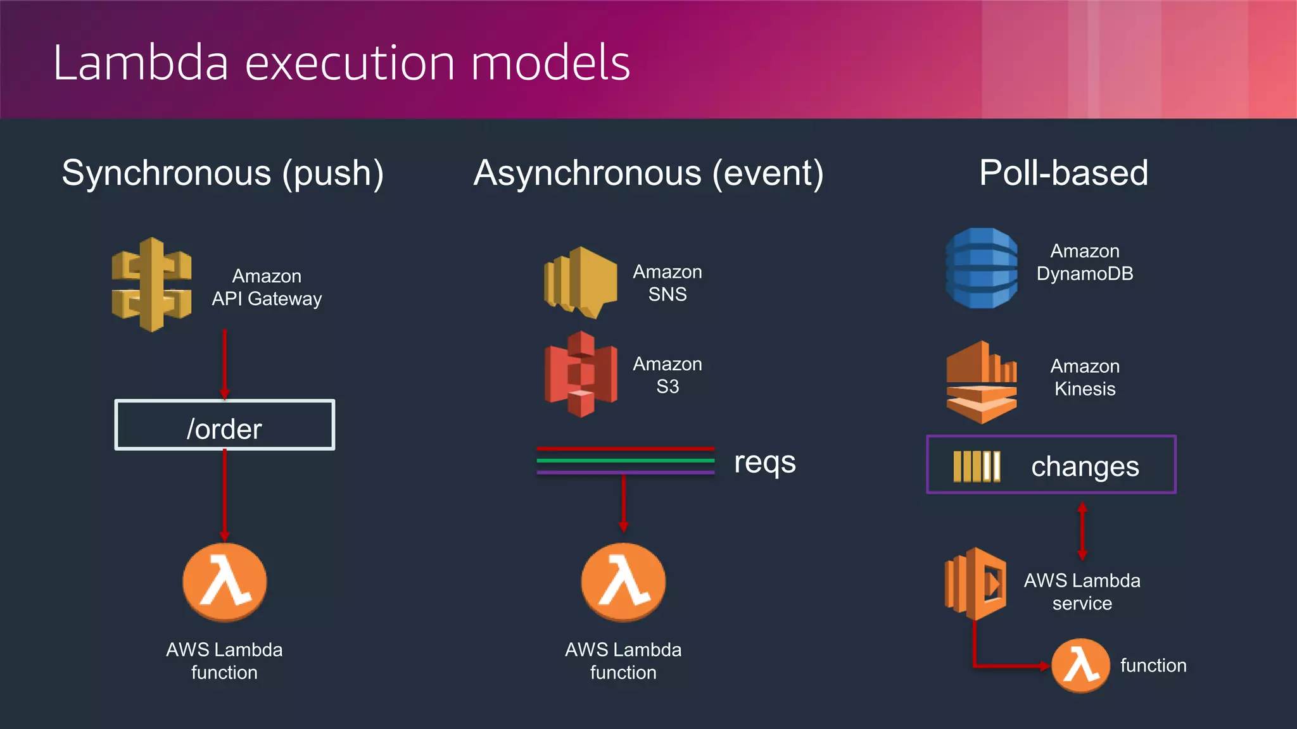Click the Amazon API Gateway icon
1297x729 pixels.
[151, 285]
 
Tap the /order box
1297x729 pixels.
[224, 425]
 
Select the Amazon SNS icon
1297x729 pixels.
[580, 282]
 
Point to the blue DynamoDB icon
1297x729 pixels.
[982, 268]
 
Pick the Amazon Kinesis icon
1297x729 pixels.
[982, 382]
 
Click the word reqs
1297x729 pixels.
[764, 462]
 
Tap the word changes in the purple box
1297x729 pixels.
[1085, 466]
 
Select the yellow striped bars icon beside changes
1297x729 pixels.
[977, 466]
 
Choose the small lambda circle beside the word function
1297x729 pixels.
[1080, 666]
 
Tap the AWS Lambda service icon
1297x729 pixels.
[976, 583]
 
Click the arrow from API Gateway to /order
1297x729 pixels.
[224, 364]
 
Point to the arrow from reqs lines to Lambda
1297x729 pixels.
[623, 503]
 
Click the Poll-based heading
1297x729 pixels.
[1063, 173]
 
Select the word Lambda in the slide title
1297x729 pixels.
[140, 63]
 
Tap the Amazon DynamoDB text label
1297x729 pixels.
[1084, 263]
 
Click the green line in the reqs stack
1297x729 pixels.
[625, 460]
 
